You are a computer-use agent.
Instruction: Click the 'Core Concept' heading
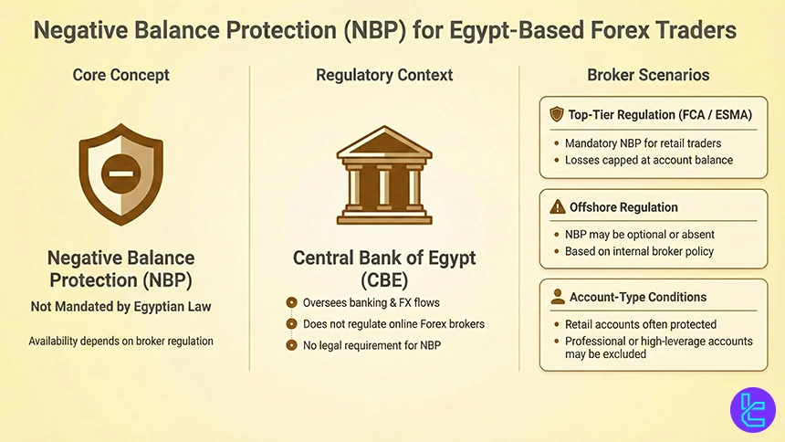(121, 76)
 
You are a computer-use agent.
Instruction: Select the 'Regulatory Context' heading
(383, 76)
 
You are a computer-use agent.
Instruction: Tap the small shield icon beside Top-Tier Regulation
(557, 115)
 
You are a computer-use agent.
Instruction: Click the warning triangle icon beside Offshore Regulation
(557, 207)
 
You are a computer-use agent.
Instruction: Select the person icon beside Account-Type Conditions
(557, 297)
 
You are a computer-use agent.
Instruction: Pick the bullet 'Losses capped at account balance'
(648, 160)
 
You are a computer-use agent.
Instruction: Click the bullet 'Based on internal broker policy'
(639, 251)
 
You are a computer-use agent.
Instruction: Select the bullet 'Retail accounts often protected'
(641, 324)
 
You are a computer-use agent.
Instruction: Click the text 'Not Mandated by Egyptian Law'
(121, 307)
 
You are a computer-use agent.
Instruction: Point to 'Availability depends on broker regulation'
(121, 341)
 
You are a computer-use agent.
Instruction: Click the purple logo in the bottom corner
(752, 410)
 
